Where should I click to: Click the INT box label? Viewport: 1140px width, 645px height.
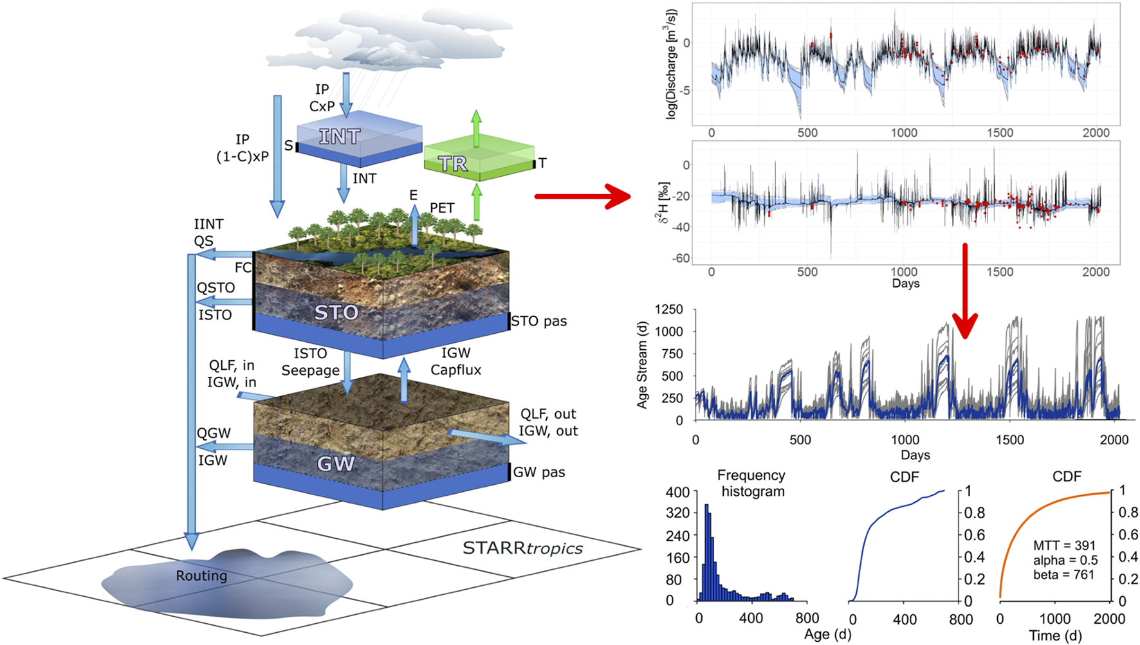tap(340, 136)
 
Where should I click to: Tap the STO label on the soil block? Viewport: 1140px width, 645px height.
tap(336, 313)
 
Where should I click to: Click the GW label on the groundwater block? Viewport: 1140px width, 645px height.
tap(336, 464)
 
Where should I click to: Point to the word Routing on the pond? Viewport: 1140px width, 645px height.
tap(201, 576)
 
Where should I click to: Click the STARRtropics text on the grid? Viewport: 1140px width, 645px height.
tap(522, 549)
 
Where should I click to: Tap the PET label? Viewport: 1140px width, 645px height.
tap(442, 208)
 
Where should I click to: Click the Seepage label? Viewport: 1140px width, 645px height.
tap(310, 370)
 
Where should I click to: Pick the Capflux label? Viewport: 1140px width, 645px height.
tap(455, 370)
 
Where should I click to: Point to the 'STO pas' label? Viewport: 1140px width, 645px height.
tap(539, 321)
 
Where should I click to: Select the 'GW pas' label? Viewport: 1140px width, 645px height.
tap(539, 473)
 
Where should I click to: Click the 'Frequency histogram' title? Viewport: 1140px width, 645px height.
tap(751, 483)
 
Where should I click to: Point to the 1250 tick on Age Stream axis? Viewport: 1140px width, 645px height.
tap(668, 309)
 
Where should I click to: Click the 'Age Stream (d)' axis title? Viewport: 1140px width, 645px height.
tap(642, 365)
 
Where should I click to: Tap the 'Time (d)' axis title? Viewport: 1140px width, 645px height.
tap(1055, 636)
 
